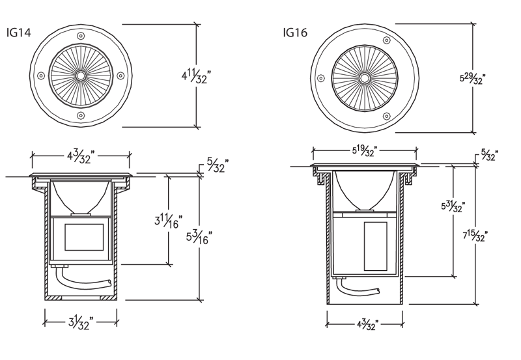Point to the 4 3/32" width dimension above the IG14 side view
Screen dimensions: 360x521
point(81,156)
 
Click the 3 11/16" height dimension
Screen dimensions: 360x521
point(168,221)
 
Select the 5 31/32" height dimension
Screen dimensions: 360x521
point(452,207)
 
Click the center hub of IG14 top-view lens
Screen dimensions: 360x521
point(81,76)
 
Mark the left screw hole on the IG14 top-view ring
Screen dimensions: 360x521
point(41,76)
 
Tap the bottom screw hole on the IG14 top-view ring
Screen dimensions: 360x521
point(81,116)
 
